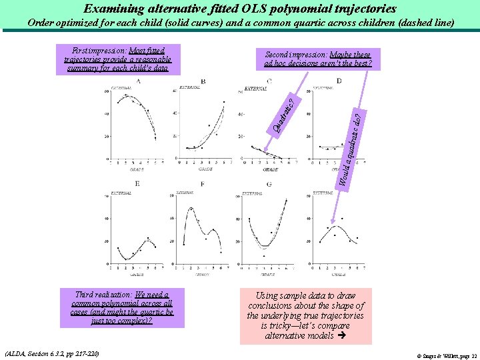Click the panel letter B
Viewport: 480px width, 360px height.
[203, 81]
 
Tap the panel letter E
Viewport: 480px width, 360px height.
[137, 183]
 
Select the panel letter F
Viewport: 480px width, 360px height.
[202, 183]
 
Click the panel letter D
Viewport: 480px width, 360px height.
[339, 81]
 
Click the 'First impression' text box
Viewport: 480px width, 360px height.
[118, 59]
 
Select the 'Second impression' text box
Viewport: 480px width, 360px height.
[318, 59]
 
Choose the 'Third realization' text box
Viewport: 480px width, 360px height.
[122, 307]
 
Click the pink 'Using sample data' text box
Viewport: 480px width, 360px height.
[305, 315]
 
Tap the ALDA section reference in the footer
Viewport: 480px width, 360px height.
[51, 353]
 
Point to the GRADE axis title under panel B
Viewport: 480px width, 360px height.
[205, 169]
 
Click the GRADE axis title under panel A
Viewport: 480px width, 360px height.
[137, 169]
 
